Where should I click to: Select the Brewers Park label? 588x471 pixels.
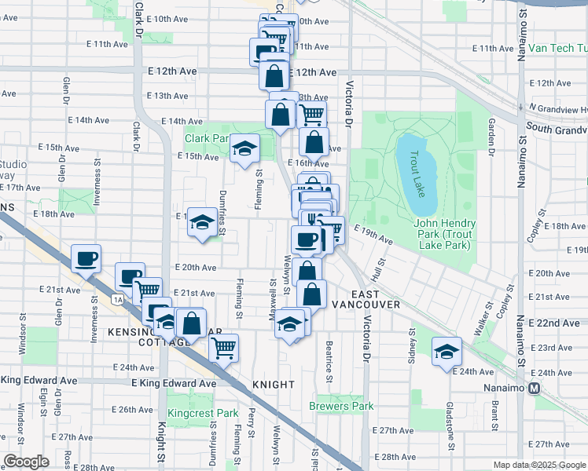[341, 406]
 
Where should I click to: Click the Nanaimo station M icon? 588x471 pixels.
[535, 388]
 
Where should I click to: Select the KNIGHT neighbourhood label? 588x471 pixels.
[273, 385]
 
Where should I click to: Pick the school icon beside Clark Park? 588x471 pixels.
[245, 148]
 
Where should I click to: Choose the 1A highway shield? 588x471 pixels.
[118, 299]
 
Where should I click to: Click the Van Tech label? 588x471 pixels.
[557, 48]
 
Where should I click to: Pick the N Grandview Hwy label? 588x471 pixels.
[558, 107]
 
